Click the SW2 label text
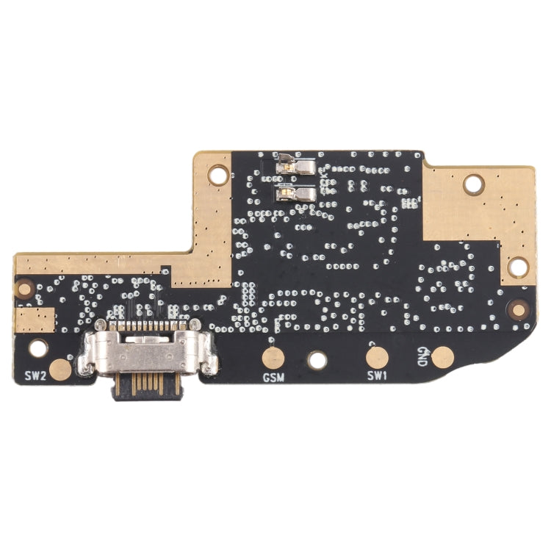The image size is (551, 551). pos(35,375)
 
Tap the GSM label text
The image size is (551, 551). pos(273,378)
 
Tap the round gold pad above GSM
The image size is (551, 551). pos(273,359)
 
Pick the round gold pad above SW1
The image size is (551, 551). pos(378,358)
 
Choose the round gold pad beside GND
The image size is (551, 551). pos(443,358)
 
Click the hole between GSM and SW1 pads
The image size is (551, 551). pos(317,359)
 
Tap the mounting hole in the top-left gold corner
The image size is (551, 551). pos(218,175)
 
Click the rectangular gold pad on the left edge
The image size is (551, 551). pos(35,320)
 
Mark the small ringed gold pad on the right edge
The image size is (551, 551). pos(519,310)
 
